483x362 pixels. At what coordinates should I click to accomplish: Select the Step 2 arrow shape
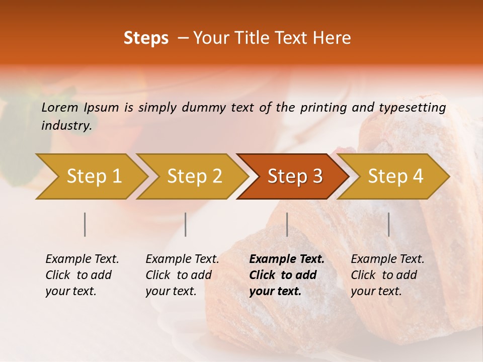[x=194, y=176]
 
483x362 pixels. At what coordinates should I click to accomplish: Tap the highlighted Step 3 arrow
[x=295, y=176]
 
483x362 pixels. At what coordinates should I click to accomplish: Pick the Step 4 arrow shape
[x=395, y=176]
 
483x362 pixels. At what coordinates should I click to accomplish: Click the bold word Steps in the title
[x=146, y=38]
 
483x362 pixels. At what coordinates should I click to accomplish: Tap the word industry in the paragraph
[x=66, y=125]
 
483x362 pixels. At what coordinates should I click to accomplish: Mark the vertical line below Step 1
[x=85, y=224]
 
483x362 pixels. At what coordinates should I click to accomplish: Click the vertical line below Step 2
[x=186, y=224]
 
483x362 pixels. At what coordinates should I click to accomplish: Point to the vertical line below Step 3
[x=287, y=224]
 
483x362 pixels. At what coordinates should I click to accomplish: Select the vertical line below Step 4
[x=388, y=224]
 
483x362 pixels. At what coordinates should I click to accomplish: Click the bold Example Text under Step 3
[x=287, y=259]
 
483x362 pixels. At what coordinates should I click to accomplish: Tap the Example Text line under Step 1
[x=82, y=259]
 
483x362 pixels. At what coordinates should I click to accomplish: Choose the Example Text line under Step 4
[x=387, y=259]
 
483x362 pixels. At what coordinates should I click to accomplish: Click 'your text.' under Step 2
[x=171, y=291]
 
